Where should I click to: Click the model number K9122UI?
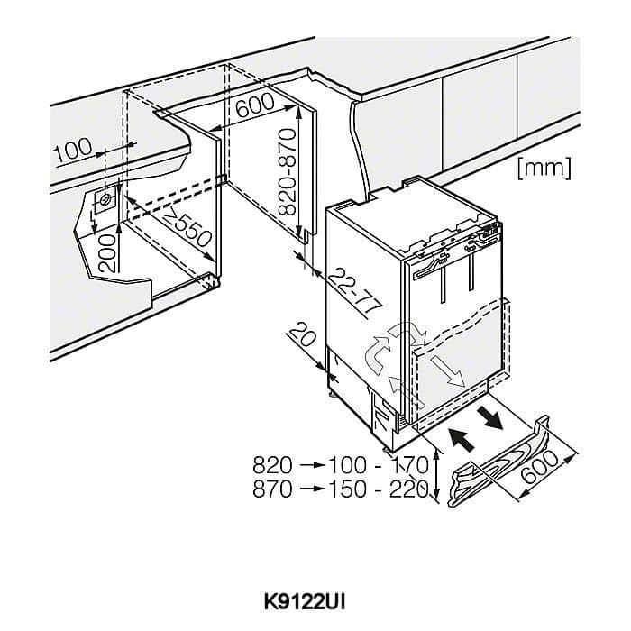pos(305,602)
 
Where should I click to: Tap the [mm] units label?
pos(544,168)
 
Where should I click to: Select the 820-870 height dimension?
pos(288,172)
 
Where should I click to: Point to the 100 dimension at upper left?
pos(72,151)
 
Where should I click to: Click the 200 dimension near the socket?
pos(107,253)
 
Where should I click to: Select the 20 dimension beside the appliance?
pos(303,335)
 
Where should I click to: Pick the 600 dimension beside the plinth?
pos(540,466)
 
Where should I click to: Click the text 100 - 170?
pos(379,466)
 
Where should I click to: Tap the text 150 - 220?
pos(379,489)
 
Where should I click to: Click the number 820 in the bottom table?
pos(272,466)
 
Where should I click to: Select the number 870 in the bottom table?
pos(272,489)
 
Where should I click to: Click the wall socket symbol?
pos(105,200)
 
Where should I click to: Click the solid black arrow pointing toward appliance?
pos(461,440)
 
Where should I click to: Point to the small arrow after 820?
pos(312,466)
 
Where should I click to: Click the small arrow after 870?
pos(312,489)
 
